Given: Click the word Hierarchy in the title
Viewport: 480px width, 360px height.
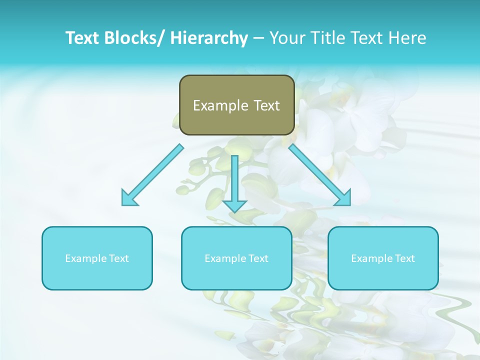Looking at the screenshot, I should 208,38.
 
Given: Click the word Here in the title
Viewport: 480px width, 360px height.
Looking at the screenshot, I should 407,38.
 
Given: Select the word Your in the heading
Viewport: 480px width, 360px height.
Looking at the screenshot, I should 288,38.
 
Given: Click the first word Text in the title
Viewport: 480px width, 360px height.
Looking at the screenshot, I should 83,38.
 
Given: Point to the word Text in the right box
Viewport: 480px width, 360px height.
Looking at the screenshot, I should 404,258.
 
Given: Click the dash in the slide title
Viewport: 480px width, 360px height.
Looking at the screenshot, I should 258,38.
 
